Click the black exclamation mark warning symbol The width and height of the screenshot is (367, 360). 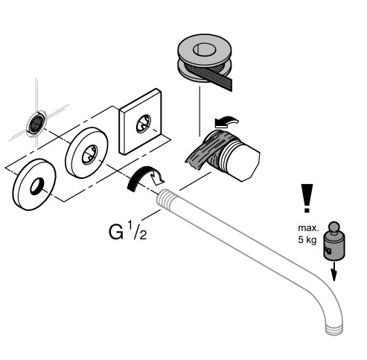tap(307, 198)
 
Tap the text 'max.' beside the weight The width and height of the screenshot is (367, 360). tap(308, 228)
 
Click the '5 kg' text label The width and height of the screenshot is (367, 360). tap(307, 240)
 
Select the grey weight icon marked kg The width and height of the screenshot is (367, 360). tap(334, 241)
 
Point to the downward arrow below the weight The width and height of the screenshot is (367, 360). tap(334, 271)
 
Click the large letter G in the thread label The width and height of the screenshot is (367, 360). tap(116, 233)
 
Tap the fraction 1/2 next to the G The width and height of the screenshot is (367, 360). tap(137, 230)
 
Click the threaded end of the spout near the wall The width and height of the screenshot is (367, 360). tap(166, 198)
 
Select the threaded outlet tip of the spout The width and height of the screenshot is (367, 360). tap(334, 329)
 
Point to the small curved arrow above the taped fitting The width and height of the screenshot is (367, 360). tap(226, 121)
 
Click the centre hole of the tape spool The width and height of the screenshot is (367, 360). tap(204, 50)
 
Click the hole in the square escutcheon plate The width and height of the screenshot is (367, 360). tap(144, 124)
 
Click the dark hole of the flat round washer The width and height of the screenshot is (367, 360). tap(37, 186)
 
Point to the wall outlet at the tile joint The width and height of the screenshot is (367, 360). tap(36, 123)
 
